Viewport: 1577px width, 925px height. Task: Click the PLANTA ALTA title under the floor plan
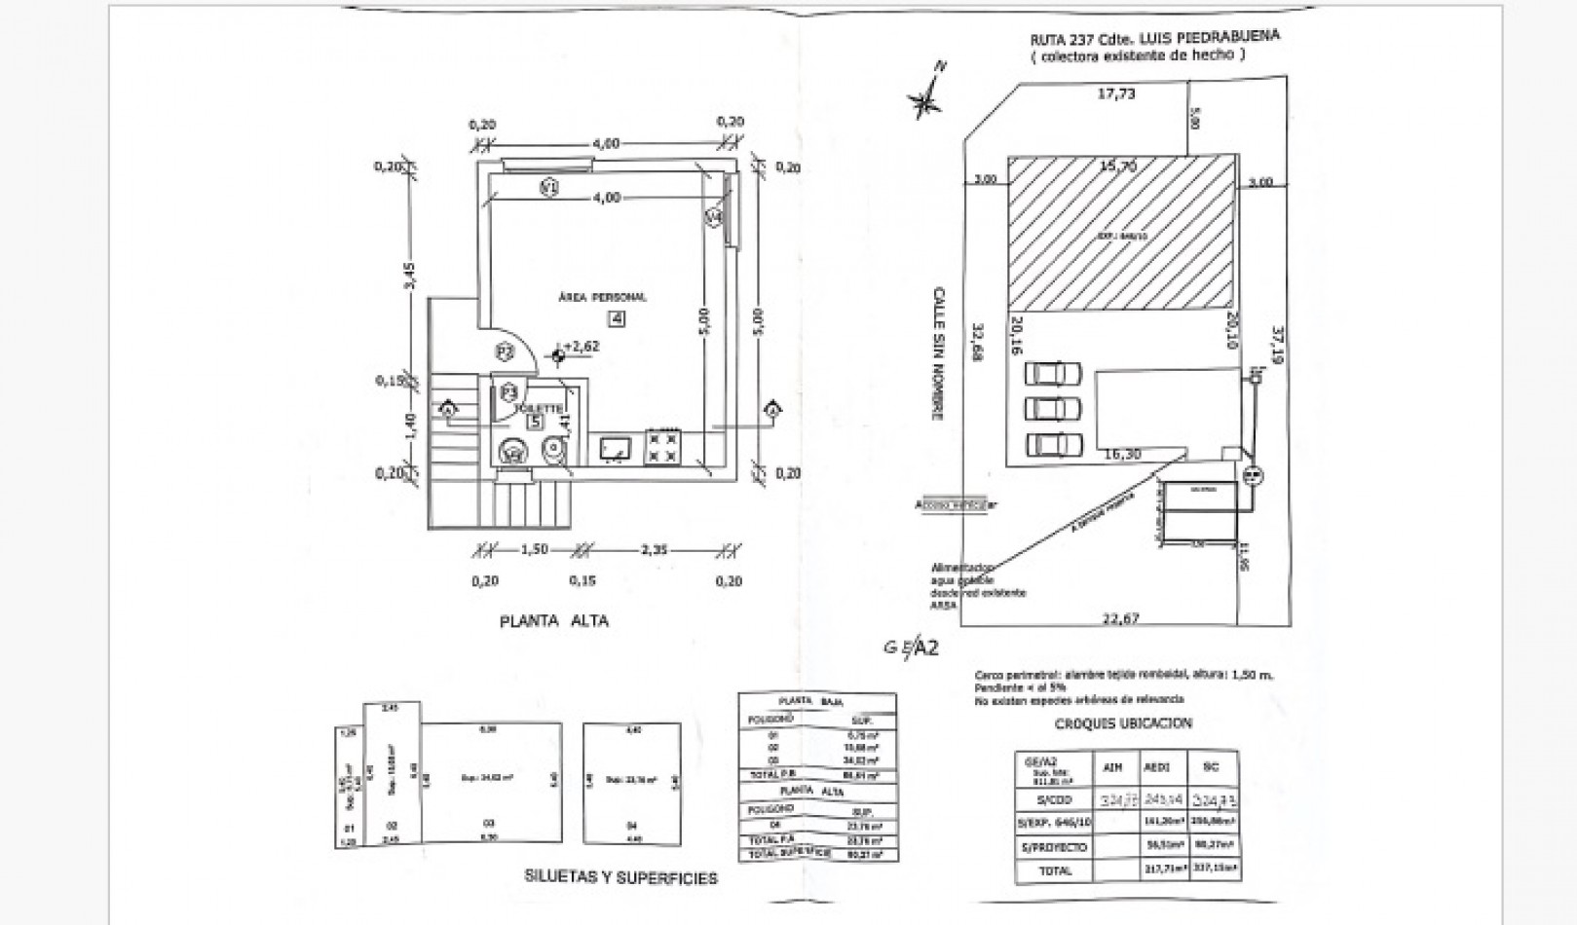553,620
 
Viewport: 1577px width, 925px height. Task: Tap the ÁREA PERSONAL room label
602,297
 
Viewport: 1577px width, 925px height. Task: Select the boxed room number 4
617,317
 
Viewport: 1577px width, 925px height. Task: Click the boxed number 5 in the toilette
535,422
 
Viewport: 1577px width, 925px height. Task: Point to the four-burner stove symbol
664,447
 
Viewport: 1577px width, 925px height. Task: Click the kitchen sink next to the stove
616,448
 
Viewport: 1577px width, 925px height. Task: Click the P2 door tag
505,351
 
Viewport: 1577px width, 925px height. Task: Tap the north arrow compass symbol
926,95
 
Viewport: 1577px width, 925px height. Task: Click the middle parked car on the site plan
1053,407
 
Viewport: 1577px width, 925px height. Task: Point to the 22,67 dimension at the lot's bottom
1120,616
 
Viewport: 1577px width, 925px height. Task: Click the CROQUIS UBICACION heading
1123,723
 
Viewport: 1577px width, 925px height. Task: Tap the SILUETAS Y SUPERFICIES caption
620,878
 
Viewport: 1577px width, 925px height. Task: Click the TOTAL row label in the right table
1056,870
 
